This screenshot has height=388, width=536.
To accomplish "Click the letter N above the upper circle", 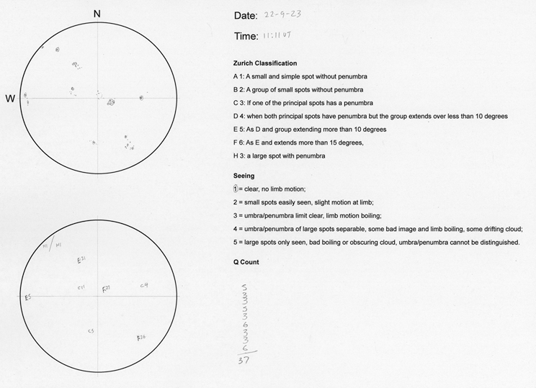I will (97, 13).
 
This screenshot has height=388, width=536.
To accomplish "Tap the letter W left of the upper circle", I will (10, 99).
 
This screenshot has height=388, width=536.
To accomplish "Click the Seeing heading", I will (244, 176).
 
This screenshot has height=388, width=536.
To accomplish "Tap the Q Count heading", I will (246, 262).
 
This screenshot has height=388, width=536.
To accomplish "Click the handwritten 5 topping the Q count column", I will (246, 286).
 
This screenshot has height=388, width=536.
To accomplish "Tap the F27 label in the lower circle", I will (107, 287).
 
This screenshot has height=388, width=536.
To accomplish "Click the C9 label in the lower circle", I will (144, 286).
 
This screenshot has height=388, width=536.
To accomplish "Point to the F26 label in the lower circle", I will (141, 337).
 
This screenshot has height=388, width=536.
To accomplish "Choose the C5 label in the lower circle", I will (91, 331).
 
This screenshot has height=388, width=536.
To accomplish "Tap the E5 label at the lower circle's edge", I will (27, 297).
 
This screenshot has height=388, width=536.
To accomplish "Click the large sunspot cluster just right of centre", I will (111, 102).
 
